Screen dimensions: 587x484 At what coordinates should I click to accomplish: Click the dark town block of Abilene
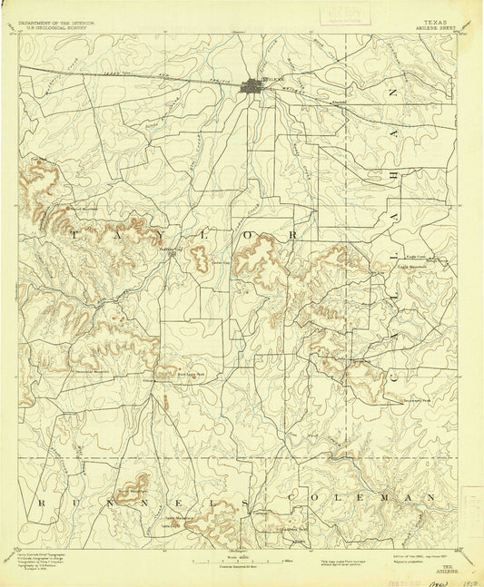251,88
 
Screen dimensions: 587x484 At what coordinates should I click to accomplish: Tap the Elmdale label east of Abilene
339,102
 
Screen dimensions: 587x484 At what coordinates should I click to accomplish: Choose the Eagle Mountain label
413,267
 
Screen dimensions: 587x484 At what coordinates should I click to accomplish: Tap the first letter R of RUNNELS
41,501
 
